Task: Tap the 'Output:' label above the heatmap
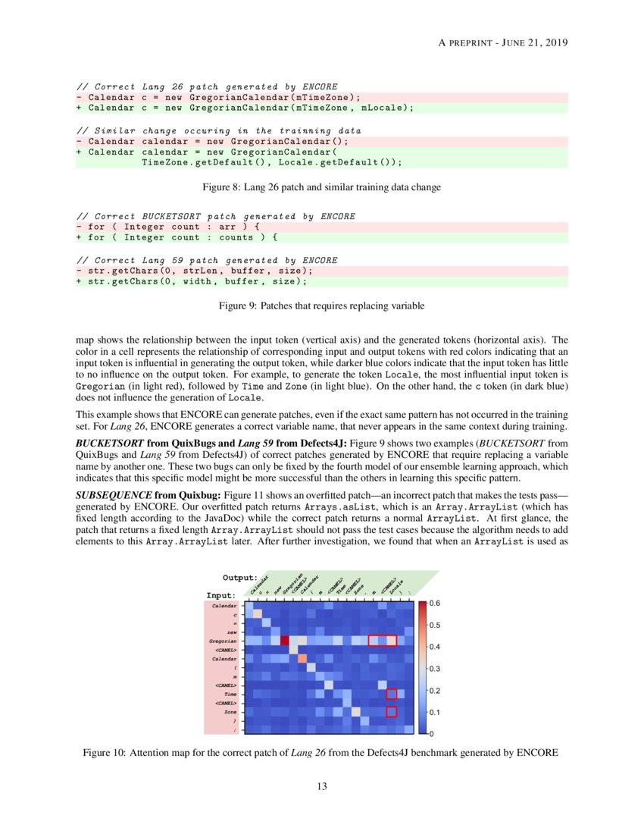point(240,578)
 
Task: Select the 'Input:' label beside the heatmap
point(221,595)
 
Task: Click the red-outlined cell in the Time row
point(392,694)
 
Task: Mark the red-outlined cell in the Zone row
point(392,711)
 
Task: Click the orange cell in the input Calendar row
point(302,658)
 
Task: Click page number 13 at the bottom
point(322,786)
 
